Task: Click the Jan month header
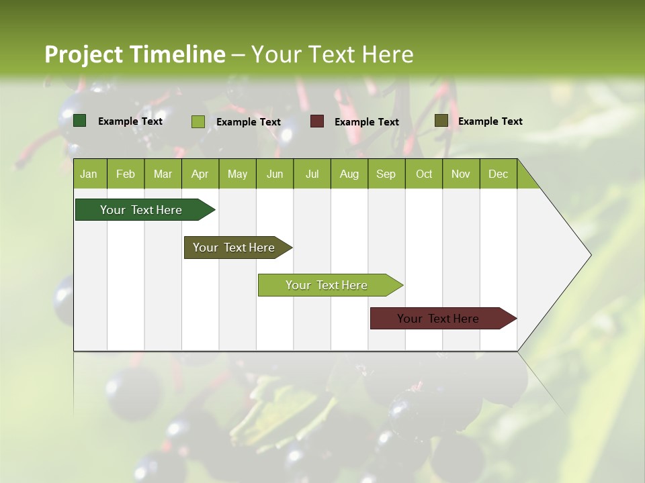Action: point(89,174)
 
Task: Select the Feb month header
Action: point(126,174)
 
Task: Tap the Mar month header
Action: point(163,174)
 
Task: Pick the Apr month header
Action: point(200,174)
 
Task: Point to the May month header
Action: point(237,174)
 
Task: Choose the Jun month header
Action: point(275,174)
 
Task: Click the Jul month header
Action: point(312,174)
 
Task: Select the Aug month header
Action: point(349,174)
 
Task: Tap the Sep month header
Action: point(386,174)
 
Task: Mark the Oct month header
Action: point(424,174)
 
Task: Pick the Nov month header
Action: point(461,174)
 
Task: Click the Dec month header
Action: point(499,174)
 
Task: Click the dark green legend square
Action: point(80,121)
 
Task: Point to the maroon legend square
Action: point(317,121)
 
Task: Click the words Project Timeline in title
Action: point(135,54)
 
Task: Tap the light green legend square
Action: point(198,121)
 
